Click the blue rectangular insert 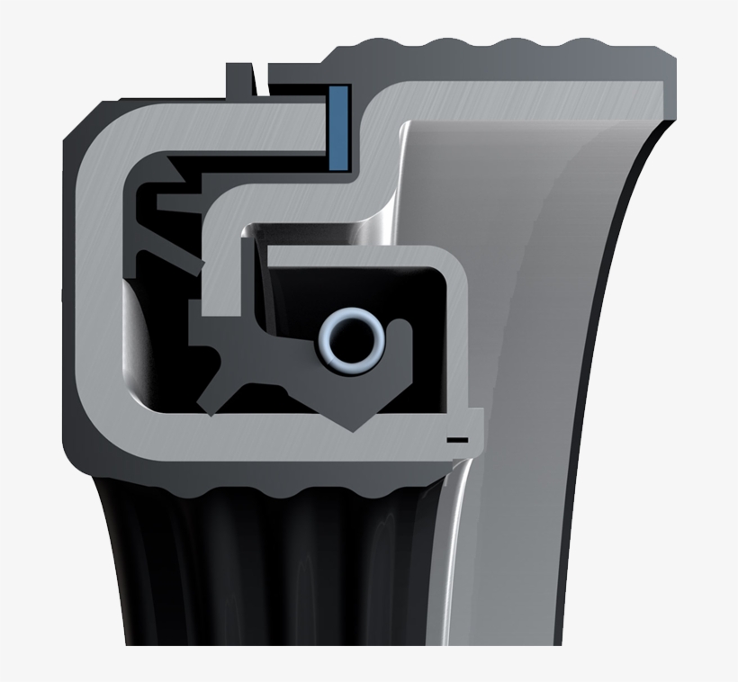pos(339,127)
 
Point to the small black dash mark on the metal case pos(457,439)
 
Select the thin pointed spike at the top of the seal pos(259,76)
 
